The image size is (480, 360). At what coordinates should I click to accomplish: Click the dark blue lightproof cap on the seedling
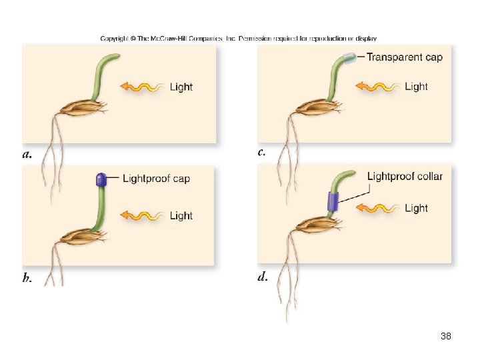[x=101, y=179]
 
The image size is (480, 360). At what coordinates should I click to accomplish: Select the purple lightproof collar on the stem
[x=333, y=201]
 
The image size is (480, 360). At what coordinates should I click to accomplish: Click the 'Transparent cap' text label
[x=404, y=57]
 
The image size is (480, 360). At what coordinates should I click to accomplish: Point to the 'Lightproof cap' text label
[x=157, y=178]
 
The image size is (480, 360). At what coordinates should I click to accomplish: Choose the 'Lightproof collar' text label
[x=405, y=175]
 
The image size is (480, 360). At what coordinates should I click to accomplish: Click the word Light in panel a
[x=181, y=87]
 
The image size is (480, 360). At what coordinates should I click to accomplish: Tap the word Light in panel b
[x=181, y=215]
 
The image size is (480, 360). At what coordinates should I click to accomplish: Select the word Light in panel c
[x=416, y=86]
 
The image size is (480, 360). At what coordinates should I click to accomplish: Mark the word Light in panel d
[x=416, y=208]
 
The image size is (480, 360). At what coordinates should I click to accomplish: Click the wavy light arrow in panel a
[x=142, y=87]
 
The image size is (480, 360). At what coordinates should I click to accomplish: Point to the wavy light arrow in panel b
[x=142, y=215]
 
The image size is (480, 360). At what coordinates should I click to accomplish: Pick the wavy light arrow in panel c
[x=377, y=86]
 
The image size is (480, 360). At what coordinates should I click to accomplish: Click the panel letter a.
[x=27, y=155]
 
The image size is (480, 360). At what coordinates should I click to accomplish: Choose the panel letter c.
[x=261, y=152]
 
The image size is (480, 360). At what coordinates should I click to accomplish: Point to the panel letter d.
[x=262, y=276]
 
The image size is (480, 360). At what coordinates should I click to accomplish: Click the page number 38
[x=446, y=337]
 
